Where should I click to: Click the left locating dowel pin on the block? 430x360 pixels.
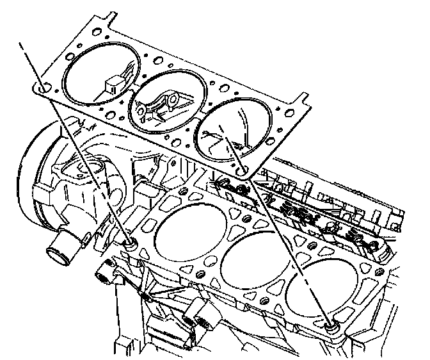pyautogui.click(x=131, y=243)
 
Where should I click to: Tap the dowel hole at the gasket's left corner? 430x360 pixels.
pyautogui.click(x=42, y=87)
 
